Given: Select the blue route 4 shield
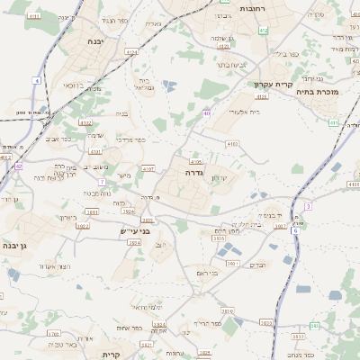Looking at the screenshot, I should point(37,80).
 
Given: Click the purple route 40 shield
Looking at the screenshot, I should point(207,112).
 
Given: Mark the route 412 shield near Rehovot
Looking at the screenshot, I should point(263,31).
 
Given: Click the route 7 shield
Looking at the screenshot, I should point(102,181).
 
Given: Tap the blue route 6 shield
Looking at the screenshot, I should point(294,230).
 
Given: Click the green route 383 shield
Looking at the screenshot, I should point(315,325).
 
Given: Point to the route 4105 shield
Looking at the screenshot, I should point(196,161).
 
